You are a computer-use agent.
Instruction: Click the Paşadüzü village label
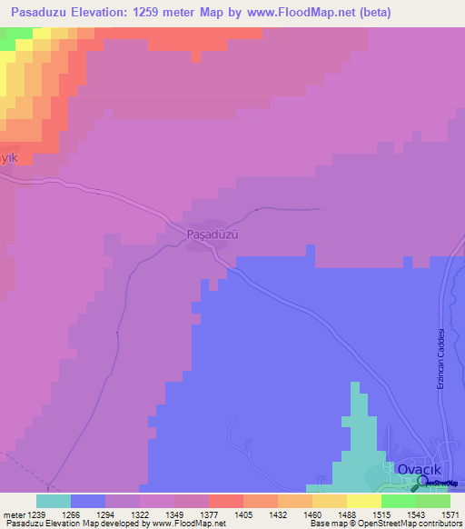212,234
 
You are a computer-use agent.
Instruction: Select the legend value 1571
449,514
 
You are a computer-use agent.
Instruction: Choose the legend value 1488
344,514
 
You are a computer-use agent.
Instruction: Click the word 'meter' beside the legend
11,514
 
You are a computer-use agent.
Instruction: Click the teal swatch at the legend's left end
54,501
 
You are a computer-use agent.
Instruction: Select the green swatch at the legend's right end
432,501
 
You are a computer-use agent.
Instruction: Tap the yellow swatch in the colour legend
363,501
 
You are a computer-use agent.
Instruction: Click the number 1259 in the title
176,11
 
